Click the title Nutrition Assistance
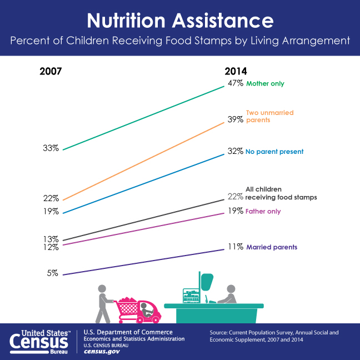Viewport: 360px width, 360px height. click(x=180, y=21)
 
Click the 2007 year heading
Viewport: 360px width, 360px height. click(x=50, y=72)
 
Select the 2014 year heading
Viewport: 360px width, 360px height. click(x=236, y=72)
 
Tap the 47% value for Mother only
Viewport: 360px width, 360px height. click(x=235, y=84)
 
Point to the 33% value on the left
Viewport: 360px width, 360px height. click(x=51, y=148)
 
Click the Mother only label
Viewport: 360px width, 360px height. click(x=265, y=84)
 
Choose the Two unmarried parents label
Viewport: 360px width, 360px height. click(x=269, y=116)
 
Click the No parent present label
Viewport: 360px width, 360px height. click(x=274, y=152)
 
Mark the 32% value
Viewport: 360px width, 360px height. click(x=235, y=152)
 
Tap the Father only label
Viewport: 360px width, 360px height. click(x=263, y=211)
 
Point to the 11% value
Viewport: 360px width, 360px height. click(x=235, y=247)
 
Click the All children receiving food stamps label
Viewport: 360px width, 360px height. click(x=281, y=193)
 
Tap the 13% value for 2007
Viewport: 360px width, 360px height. click(x=51, y=239)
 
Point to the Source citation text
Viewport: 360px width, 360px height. click(x=274, y=336)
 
